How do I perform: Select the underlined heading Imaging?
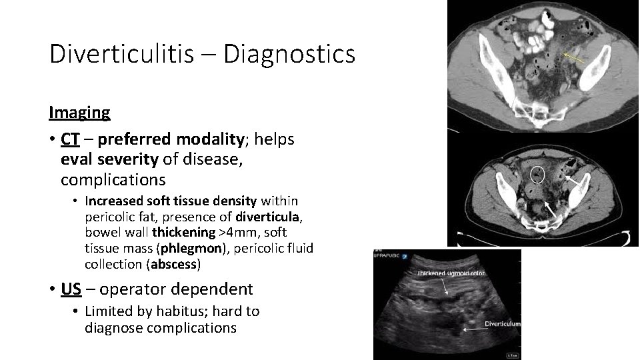(79, 113)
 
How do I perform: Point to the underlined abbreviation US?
(71, 289)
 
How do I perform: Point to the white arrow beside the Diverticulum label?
(473, 328)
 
